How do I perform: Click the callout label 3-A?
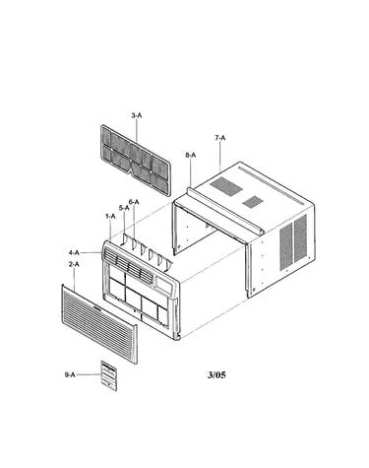[137, 115]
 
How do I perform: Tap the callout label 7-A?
[220, 138]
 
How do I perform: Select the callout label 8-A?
[191, 156]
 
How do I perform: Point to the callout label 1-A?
[110, 216]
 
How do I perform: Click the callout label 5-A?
[124, 208]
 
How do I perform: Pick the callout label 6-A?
[134, 202]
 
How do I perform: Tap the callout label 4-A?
[74, 252]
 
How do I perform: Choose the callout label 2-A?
[74, 264]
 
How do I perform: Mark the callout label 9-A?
[70, 374]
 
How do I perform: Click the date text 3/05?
[216, 374]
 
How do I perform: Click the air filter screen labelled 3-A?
[135, 161]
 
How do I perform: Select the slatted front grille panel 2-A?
[99, 324]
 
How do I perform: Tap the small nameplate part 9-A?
[108, 376]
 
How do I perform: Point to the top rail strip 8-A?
[225, 211]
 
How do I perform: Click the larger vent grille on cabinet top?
[226, 186]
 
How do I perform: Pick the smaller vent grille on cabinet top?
[253, 202]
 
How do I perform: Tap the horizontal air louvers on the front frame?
[128, 266]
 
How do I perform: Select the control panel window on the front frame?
[163, 286]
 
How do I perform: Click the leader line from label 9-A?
[88, 374]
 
